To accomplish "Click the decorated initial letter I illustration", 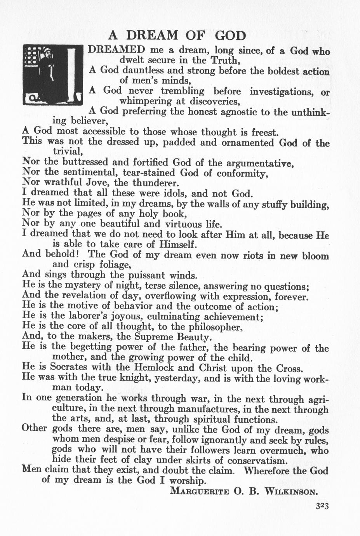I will pyautogui.click(x=53, y=75).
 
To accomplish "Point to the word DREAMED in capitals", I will pyautogui.click(x=117, y=50).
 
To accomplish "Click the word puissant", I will pyautogui.click(x=146, y=275).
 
